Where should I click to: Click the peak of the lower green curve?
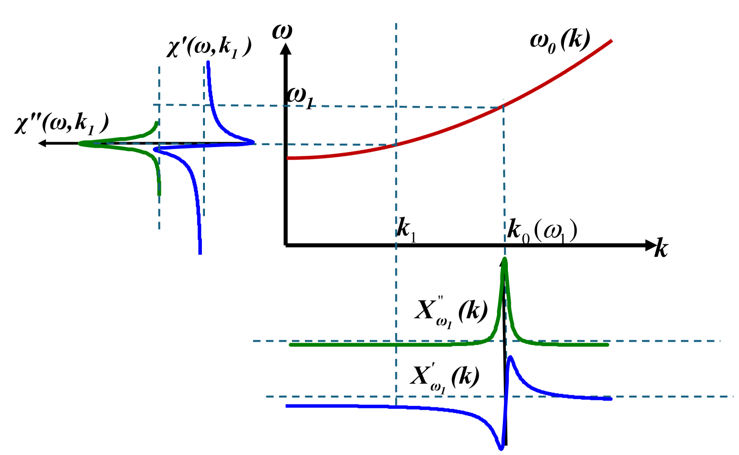point(504,259)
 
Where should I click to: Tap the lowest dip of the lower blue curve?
point(501,449)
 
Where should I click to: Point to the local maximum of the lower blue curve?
point(510,357)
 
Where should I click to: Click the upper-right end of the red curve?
point(612,41)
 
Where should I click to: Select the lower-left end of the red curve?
point(288,158)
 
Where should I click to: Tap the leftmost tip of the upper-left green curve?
point(80,144)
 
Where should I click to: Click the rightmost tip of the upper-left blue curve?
point(254,142)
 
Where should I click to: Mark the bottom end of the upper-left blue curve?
point(200,254)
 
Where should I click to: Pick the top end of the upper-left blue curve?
point(208,61)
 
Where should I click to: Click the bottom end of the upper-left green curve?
point(159,195)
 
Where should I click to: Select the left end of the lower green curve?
point(290,345)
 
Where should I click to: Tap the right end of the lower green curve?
point(608,345)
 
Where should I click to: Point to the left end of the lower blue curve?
point(287,406)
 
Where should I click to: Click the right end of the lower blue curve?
point(612,399)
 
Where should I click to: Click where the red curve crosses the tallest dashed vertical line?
point(396,145)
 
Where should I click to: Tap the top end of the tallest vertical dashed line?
point(396,23)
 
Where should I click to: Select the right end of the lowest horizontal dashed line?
point(733,396)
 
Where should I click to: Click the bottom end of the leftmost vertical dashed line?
point(159,229)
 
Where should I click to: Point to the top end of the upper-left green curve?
point(157,121)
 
